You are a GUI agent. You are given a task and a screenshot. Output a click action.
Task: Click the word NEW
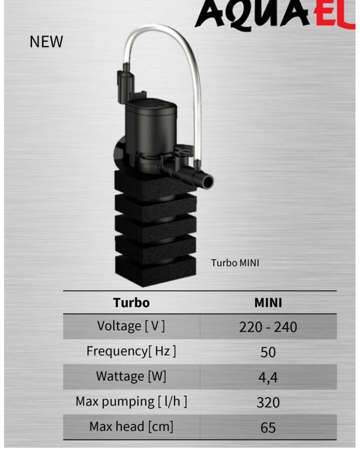coord(46,41)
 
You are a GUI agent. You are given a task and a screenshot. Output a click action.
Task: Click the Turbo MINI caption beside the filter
coord(235,263)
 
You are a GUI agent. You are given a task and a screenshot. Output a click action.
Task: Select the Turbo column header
coord(131,302)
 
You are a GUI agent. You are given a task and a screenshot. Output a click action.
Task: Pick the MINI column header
coord(268,302)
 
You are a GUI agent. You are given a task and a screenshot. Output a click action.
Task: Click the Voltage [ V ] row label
coord(131,326)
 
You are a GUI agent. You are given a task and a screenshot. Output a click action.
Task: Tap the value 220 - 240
coord(268,327)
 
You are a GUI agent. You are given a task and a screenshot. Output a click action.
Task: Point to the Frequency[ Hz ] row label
coord(131,351)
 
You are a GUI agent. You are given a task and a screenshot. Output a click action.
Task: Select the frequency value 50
coord(268,352)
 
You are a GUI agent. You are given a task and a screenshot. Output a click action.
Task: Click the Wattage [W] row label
coord(131,376)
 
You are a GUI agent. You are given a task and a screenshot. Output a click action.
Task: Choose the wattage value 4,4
coord(268,377)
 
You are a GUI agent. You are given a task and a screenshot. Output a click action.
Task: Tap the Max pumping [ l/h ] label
coord(131,401)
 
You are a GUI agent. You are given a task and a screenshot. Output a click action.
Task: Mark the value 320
coord(268,402)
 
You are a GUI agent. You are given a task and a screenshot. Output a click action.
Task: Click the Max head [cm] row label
coord(131,426)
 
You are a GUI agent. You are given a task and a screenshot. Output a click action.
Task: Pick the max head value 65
coord(268,427)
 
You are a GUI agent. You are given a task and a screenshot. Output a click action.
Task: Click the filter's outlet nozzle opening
coord(208,181)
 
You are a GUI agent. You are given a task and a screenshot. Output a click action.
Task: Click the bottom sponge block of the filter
coord(155,271)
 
